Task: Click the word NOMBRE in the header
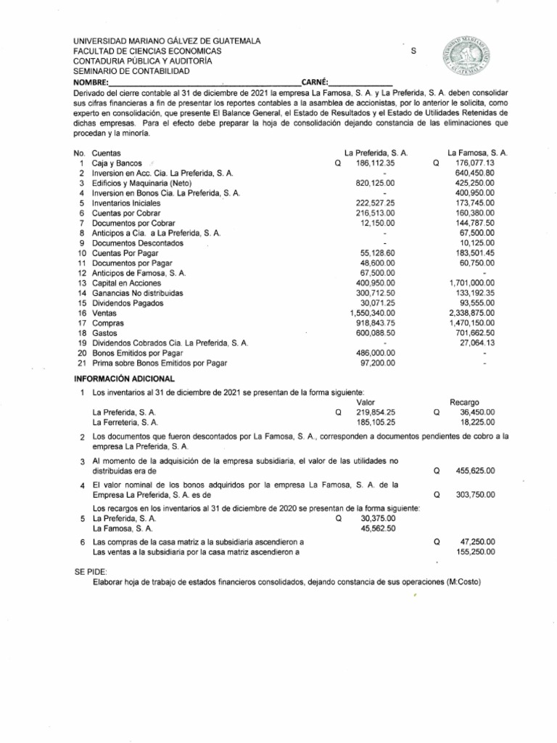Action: click(90, 82)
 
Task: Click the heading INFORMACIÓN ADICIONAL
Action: click(125, 378)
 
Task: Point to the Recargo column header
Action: click(464, 401)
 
